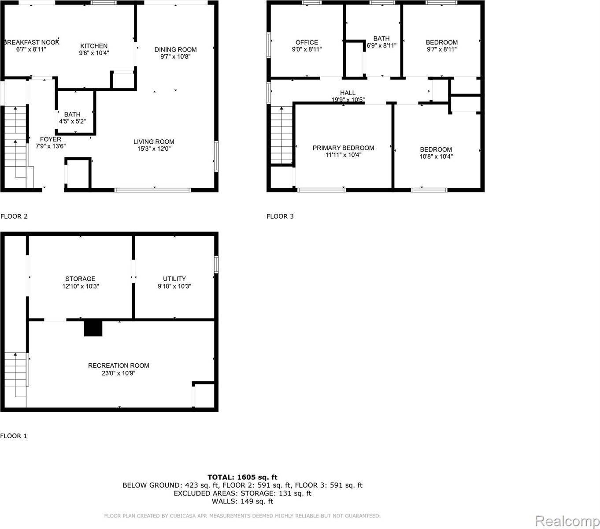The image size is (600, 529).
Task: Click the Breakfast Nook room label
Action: pos(31,42)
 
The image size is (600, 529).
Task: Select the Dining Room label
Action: pos(175,49)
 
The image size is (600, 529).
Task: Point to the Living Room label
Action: pos(154,142)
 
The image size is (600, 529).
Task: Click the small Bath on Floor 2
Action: pos(72,114)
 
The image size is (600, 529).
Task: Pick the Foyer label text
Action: pos(51,139)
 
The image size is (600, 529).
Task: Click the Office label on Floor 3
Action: pos(307,42)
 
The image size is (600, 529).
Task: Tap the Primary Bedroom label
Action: pos(343,148)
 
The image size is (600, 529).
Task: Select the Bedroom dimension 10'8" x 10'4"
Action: pos(436,156)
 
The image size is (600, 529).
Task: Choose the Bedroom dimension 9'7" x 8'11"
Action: pos(441,49)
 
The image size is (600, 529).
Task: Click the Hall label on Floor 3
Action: pos(348,93)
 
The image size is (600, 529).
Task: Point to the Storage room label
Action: pos(80,279)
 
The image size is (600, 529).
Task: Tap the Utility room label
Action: pos(174,279)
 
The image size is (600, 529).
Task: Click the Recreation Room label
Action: pos(119,365)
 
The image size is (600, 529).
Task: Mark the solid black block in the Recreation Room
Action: pos(93,328)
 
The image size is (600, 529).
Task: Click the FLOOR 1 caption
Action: pos(14,436)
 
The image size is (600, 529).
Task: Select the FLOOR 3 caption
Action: pos(280,216)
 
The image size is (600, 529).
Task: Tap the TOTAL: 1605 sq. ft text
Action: pos(242,477)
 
